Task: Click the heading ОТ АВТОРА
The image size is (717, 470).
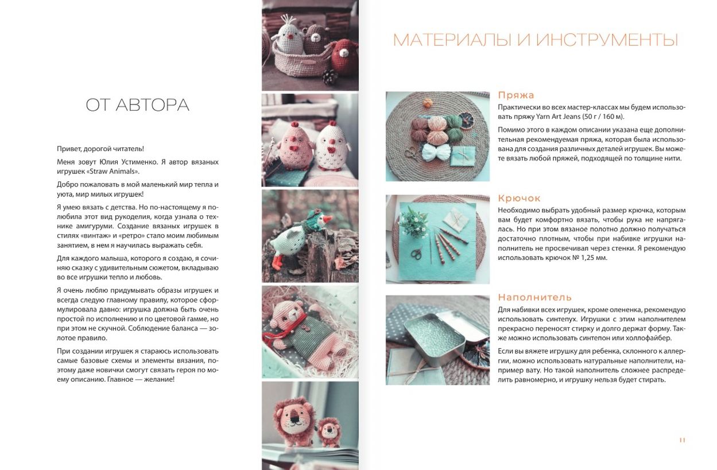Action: [137, 105]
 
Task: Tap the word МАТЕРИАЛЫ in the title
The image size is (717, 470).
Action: [452, 40]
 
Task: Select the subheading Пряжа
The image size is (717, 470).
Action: [516, 95]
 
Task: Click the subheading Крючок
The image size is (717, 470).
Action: [519, 199]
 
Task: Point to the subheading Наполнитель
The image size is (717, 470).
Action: [534, 297]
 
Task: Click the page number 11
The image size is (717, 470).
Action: [682, 440]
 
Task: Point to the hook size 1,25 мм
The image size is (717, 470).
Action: [594, 258]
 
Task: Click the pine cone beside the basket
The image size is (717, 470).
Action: [330, 77]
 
